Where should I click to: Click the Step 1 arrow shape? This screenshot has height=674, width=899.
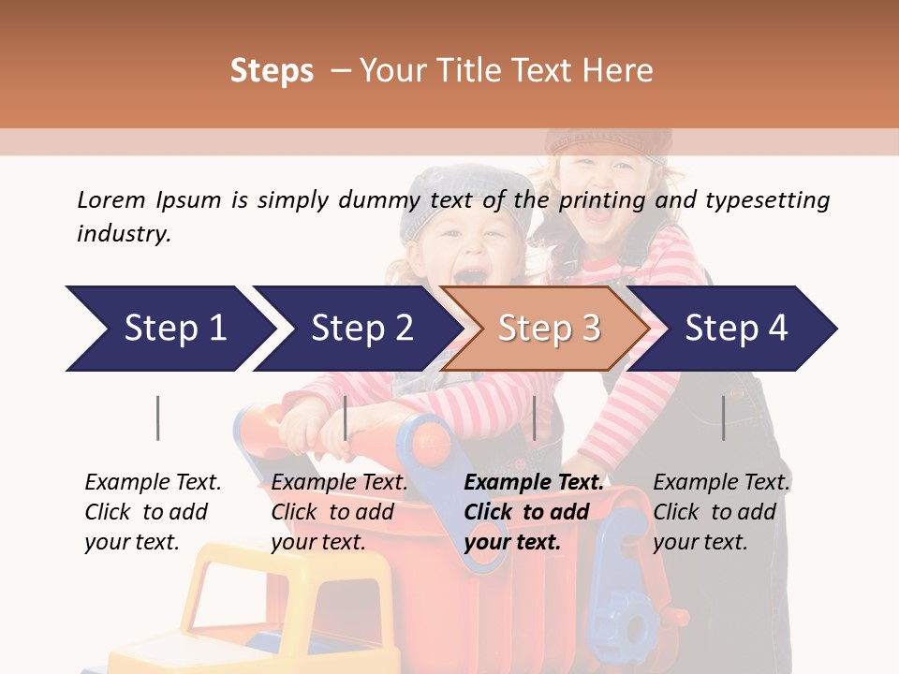(x=169, y=329)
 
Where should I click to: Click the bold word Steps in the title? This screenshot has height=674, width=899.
(x=272, y=71)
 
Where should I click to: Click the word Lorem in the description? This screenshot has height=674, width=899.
(x=111, y=199)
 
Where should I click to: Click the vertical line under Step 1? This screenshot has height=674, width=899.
(x=157, y=418)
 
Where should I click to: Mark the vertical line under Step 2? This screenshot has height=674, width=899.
(x=346, y=418)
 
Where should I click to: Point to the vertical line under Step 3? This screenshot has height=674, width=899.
(x=534, y=418)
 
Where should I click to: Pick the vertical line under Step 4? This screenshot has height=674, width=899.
(x=723, y=418)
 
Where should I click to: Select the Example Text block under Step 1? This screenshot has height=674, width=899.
(x=153, y=512)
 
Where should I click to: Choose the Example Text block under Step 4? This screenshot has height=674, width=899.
(x=721, y=512)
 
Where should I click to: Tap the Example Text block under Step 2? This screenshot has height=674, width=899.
(x=339, y=512)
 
